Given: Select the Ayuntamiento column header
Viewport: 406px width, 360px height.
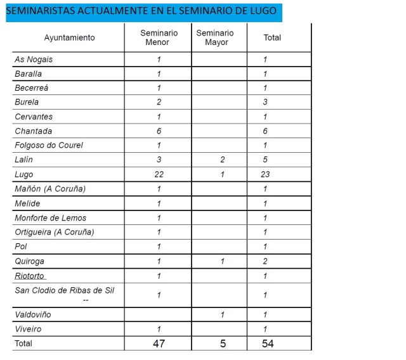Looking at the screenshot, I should pos(69,37).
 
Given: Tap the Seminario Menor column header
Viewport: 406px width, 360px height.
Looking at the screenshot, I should pos(159,37).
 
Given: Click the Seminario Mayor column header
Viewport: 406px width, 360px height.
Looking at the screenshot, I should pos(215,37).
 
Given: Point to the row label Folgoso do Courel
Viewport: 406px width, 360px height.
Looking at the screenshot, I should pos(49,145).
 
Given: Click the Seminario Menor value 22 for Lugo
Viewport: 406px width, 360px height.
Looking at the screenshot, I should pos(159,174).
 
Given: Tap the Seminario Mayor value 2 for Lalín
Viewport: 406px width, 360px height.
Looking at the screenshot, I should pos(222,160).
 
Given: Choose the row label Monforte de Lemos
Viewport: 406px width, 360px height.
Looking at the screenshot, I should pos(51,218).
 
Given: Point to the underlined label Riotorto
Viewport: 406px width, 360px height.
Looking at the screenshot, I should pos(30,276).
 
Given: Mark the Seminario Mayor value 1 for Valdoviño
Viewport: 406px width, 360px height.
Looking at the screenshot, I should pos(222,314).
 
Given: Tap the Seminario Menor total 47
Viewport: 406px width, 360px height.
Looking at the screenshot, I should pos(159,344).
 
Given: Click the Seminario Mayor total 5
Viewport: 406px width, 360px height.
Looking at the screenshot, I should pos(222,344).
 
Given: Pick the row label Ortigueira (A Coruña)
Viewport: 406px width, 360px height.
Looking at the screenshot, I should pos(55,232).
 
